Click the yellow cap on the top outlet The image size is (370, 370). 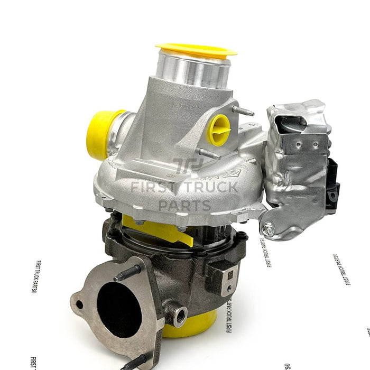[196, 50]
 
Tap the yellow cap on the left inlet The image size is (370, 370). [100, 135]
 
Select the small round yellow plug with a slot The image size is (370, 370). [218, 129]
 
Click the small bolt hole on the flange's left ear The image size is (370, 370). [79, 304]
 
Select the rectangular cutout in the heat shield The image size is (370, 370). [296, 125]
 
